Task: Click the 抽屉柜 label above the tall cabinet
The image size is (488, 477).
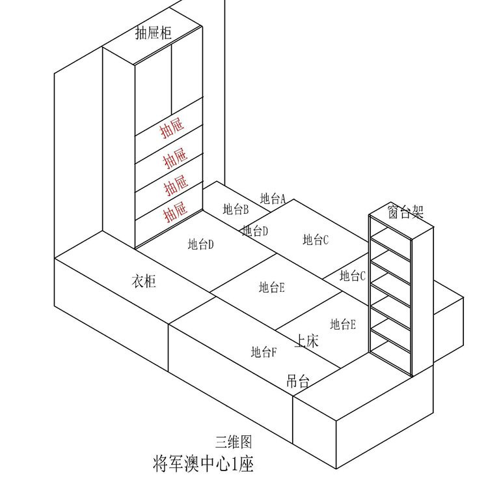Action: coord(153,33)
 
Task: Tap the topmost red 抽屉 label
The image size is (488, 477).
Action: coord(173,130)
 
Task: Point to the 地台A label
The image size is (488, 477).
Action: coord(273,198)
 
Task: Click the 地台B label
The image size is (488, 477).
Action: coord(236,209)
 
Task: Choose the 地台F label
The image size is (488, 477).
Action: coord(264,352)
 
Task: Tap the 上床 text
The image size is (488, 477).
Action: coord(306,340)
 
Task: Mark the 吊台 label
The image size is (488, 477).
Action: coord(297,382)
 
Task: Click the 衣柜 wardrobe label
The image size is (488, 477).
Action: coord(144,282)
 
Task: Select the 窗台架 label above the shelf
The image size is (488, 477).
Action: coord(405,211)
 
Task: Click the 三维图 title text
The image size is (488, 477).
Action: coord(233,442)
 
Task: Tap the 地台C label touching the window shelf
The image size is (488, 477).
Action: coord(353,276)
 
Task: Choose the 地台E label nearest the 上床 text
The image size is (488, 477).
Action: coord(342,324)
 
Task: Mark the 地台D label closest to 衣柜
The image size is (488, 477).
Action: coord(201,244)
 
